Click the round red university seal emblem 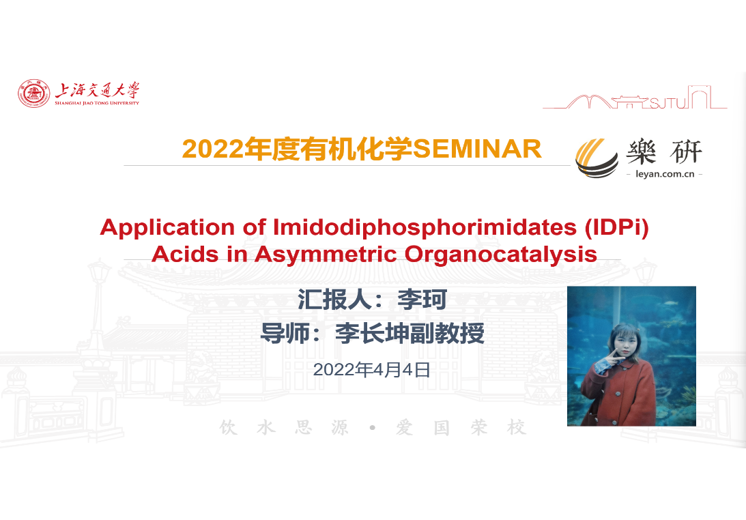[33, 93]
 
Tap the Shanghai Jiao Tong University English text [97, 103]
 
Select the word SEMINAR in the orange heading [477, 149]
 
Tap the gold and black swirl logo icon [597, 158]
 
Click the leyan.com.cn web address [665, 173]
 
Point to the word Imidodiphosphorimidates [425, 228]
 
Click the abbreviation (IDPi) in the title [617, 228]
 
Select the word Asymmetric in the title [326, 255]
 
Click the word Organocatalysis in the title [501, 255]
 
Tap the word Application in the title [167, 228]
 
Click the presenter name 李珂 [422, 300]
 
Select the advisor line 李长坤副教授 [410, 333]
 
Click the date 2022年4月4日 [371, 370]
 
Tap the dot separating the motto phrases [373, 428]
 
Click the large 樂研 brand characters [664, 152]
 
